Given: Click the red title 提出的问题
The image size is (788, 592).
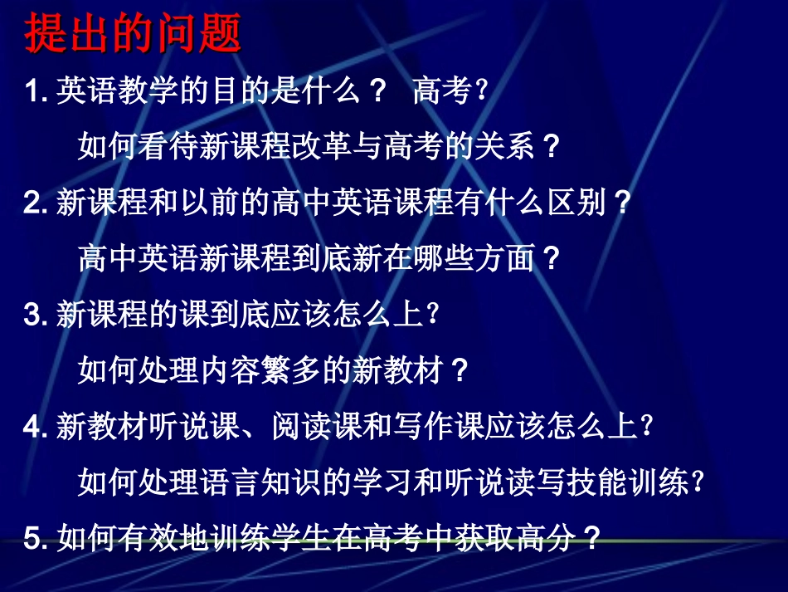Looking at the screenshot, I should pos(133,35).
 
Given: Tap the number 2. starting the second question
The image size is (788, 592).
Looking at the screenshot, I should pos(36,203).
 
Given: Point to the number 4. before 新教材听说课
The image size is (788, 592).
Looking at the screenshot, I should pos(36,428).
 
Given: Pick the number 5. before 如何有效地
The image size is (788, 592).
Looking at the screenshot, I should pos(36,540).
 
